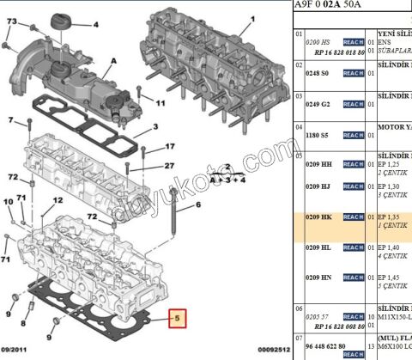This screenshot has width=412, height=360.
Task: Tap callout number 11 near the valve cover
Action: [x=160, y=104]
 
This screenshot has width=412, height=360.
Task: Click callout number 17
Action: [x=170, y=147]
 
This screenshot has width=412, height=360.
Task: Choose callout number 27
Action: [x=170, y=166]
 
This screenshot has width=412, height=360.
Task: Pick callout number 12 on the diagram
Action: [x=58, y=200]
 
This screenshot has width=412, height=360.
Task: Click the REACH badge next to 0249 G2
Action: [x=353, y=104]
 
